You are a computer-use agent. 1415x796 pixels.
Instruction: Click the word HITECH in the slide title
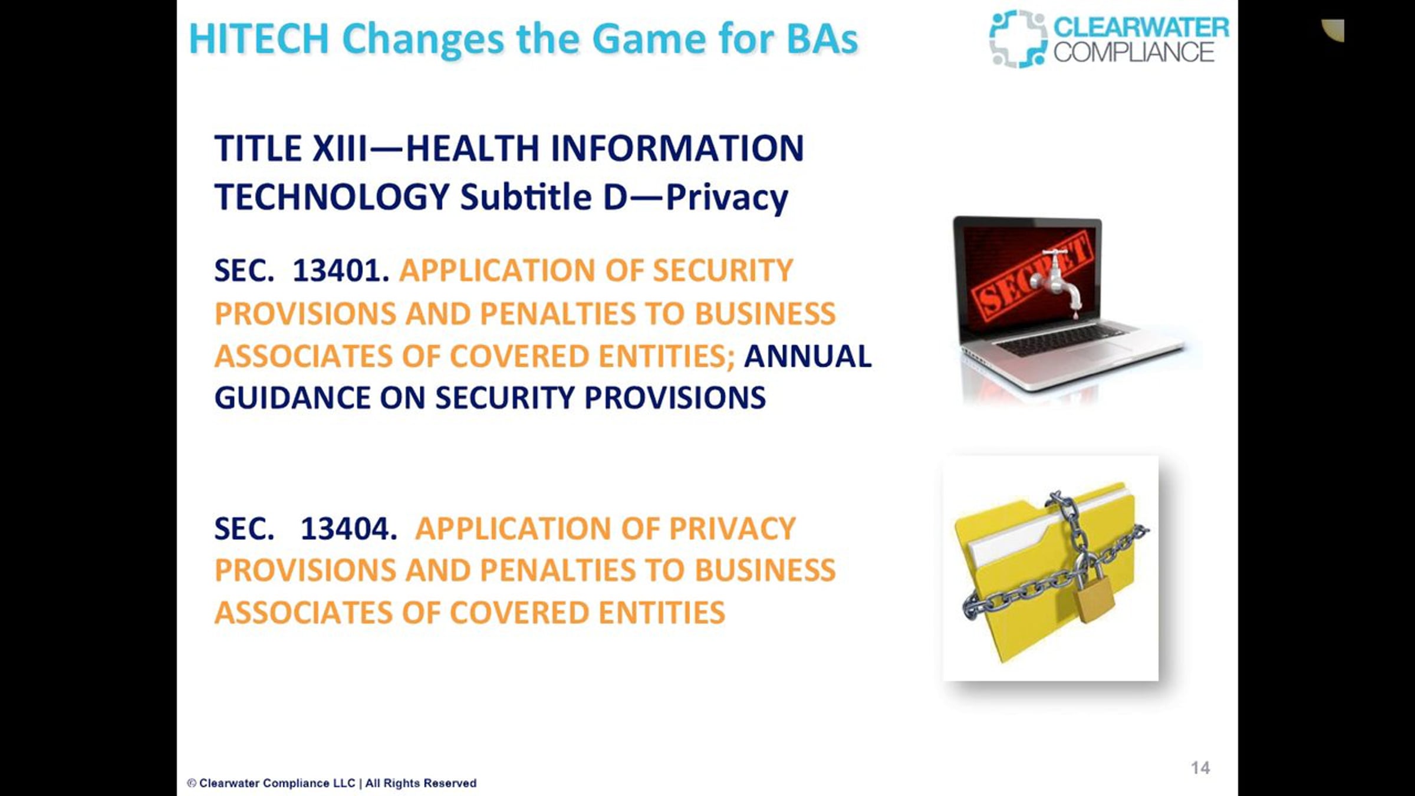pyautogui.click(x=259, y=39)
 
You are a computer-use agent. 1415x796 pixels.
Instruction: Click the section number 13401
pyautogui.click(x=341, y=271)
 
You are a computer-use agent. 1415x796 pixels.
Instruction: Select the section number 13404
pyautogui.click(x=348, y=528)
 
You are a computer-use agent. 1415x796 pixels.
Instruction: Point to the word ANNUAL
pyautogui.click(x=808, y=356)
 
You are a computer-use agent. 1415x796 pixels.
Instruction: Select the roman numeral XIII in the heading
pyautogui.click(x=339, y=148)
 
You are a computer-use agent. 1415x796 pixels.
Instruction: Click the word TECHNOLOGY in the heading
pyautogui.click(x=332, y=197)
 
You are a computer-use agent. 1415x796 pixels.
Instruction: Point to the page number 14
pyautogui.click(x=1200, y=768)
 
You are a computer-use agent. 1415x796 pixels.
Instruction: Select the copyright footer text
pyautogui.click(x=332, y=783)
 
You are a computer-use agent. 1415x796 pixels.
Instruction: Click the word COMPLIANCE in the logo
pyautogui.click(x=1134, y=52)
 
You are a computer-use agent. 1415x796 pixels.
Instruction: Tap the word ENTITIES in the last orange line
pyautogui.click(x=662, y=613)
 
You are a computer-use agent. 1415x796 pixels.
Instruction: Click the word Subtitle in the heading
pyautogui.click(x=526, y=197)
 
